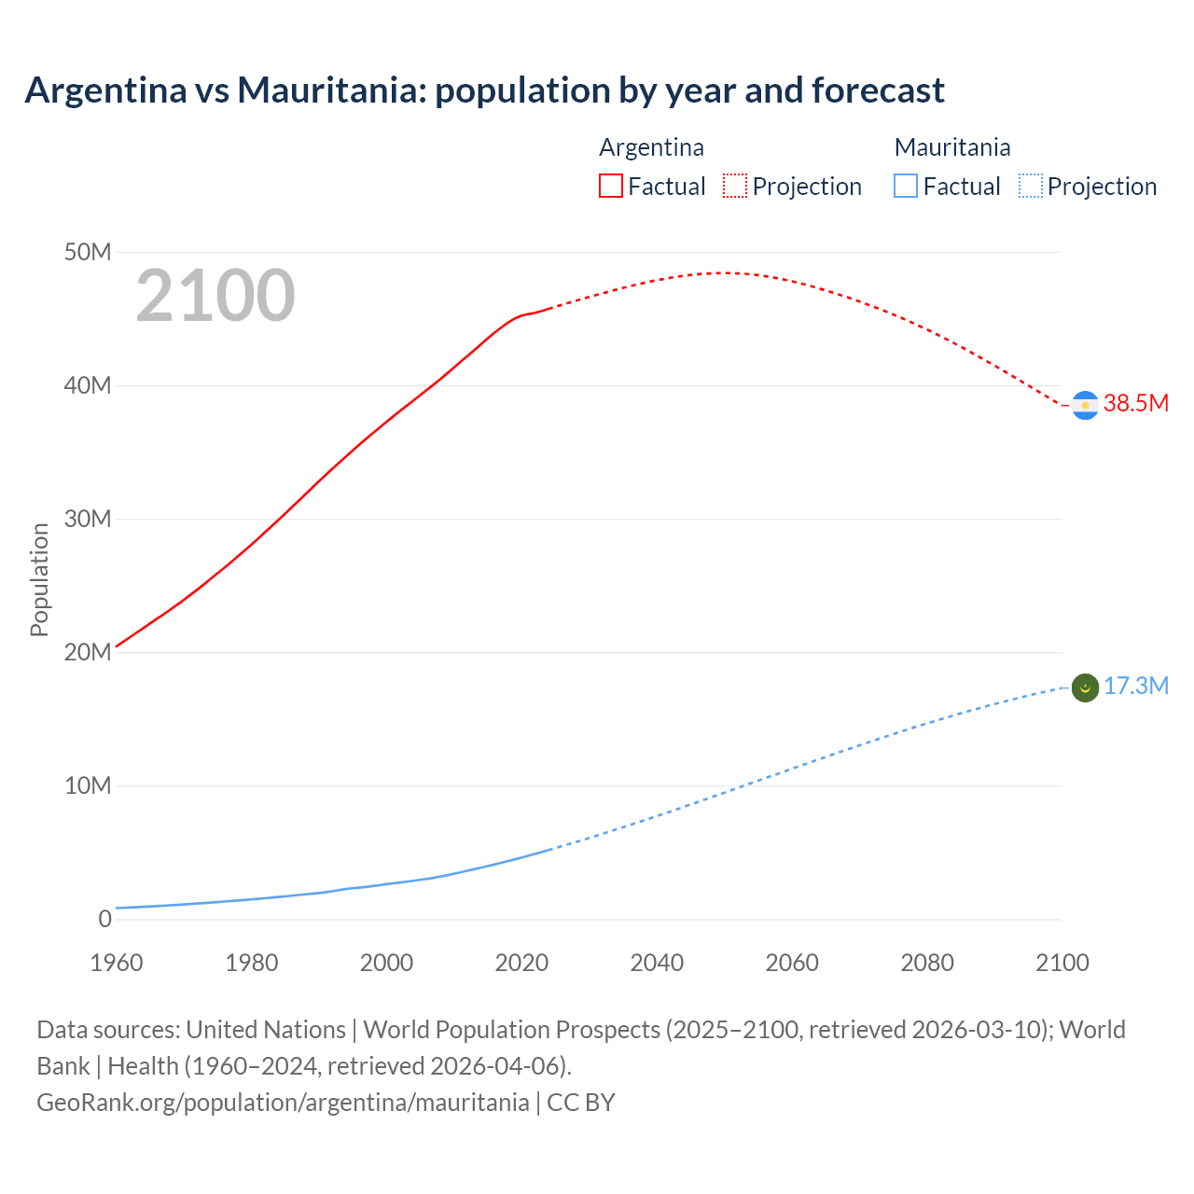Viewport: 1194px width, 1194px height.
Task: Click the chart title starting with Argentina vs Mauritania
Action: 484,90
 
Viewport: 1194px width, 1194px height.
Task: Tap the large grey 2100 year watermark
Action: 215,296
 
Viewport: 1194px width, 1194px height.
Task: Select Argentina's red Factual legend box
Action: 610,186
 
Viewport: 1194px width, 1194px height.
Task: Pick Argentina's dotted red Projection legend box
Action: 735,186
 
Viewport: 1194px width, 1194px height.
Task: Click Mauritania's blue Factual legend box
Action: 905,186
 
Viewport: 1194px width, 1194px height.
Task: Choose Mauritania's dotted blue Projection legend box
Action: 1030,186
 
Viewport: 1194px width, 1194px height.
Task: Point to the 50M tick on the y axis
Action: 88,252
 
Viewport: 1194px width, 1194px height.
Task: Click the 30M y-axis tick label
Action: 88,519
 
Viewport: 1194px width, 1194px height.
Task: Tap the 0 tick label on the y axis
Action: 104,919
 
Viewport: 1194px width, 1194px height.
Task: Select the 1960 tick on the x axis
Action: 117,963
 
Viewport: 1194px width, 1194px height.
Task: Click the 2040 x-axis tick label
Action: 657,963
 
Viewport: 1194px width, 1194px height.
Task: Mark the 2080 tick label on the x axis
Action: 927,963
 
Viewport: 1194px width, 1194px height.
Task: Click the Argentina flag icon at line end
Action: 1085,406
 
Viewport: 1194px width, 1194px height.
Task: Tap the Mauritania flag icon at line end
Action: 1085,688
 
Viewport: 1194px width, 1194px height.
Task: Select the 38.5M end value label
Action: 1135,403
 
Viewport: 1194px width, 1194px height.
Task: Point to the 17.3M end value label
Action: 1135,687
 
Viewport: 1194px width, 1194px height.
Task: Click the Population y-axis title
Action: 39,579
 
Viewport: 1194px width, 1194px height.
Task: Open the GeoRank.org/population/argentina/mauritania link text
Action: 283,1102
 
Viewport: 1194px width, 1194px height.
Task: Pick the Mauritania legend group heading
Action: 951,147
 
